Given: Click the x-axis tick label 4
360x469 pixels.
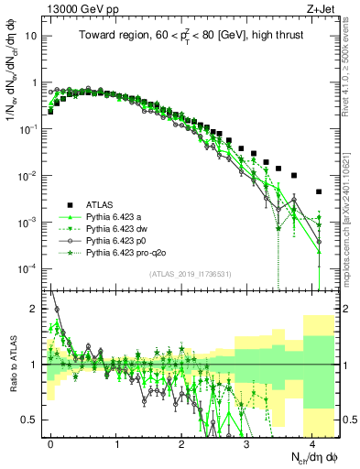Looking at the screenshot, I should [x=311, y=442].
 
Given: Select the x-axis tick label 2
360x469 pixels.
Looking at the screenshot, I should [x=181, y=442].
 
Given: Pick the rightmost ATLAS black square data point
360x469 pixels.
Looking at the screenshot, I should [x=318, y=192].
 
